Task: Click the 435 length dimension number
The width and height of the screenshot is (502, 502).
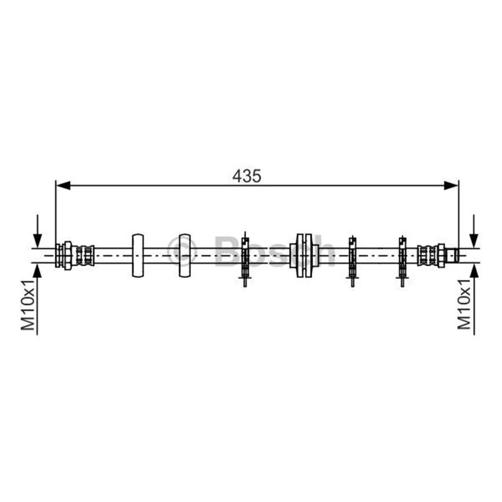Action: point(247,176)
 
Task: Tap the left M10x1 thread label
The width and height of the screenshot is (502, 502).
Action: point(28,304)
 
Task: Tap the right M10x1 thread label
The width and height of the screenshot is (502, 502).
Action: point(464,304)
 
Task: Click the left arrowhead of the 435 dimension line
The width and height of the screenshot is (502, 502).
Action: point(63,185)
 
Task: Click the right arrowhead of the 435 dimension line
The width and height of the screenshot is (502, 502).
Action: point(451,185)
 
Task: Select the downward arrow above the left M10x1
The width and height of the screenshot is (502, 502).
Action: point(38,231)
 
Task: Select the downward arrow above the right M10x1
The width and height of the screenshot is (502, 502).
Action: point(474,231)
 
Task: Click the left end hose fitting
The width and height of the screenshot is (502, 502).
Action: point(75,255)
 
